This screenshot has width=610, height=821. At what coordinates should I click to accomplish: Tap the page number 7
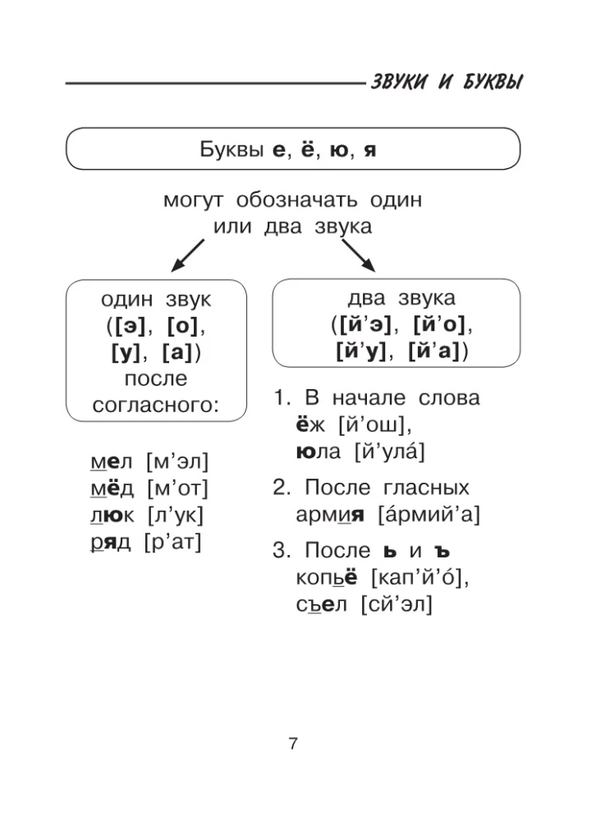[293, 745]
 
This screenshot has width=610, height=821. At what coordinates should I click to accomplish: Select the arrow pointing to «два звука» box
[357, 255]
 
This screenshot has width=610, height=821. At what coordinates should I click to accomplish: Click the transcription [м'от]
[177, 489]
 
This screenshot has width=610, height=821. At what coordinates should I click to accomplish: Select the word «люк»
[111, 516]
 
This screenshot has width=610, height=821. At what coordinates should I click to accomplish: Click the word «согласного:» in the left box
[156, 406]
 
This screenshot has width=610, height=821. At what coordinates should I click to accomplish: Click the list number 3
[281, 550]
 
